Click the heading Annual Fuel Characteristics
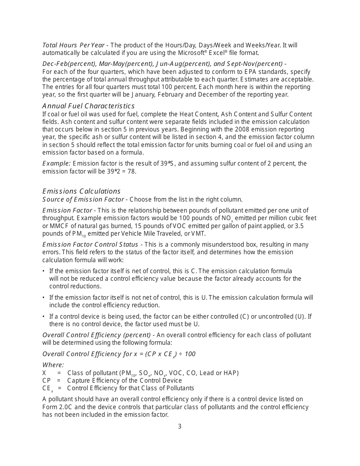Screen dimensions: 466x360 click(88, 106)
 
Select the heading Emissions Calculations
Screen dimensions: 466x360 click(81, 191)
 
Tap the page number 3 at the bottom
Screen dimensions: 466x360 click(180, 427)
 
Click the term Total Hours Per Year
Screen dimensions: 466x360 click(74, 45)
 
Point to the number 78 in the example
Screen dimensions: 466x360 click(132, 171)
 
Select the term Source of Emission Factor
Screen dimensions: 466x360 click(83, 200)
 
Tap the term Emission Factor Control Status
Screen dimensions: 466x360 click(91, 245)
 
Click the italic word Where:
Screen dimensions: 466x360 click(53, 365)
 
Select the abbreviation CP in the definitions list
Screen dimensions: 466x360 click(46, 381)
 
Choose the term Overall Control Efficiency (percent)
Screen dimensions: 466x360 click(97, 335)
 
